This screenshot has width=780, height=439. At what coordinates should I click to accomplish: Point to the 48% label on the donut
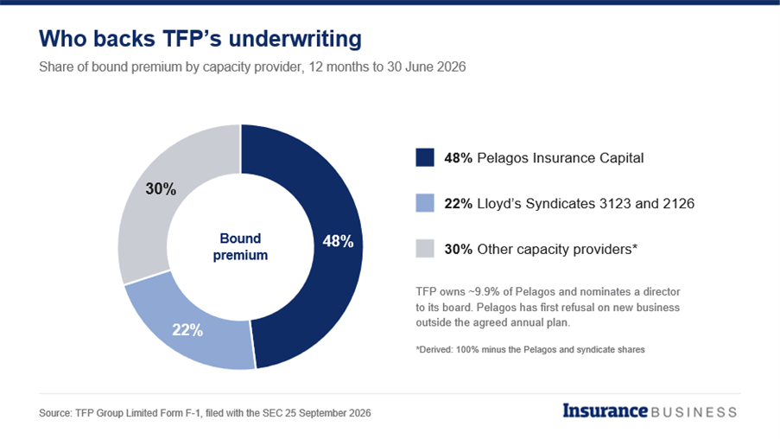click(x=338, y=241)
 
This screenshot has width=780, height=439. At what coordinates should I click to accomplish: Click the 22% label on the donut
click(x=187, y=330)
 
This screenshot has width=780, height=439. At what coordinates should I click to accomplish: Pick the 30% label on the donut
click(x=161, y=189)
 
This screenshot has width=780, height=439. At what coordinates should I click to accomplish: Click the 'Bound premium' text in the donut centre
click(x=240, y=247)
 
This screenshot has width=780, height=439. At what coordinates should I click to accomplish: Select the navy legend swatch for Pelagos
click(x=425, y=157)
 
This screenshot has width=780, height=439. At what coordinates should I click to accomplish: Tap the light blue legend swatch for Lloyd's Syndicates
click(x=425, y=203)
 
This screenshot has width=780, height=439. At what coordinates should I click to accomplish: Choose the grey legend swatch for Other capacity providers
click(x=425, y=248)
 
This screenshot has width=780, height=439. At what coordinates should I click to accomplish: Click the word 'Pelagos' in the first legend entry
click(x=503, y=158)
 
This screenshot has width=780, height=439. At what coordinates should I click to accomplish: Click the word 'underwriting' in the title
click(x=295, y=40)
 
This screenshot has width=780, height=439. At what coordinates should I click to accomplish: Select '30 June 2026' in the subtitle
click(x=427, y=67)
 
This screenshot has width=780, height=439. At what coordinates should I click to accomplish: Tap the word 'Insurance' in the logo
click(x=605, y=410)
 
